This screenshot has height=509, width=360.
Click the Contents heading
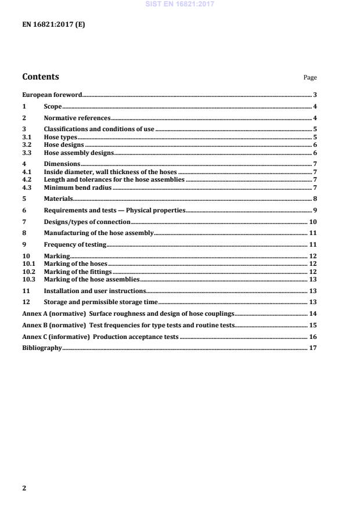[40, 77]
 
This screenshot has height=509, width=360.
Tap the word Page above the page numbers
[310, 78]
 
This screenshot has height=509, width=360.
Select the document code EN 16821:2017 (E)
[53, 24]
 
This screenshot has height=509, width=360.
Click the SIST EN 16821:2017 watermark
[179, 3]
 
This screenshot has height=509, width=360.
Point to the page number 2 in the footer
[24, 488]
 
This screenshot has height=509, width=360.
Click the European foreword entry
[52, 95]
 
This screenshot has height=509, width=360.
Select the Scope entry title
[53, 107]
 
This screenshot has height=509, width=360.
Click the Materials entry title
[58, 199]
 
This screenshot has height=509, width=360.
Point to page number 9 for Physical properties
[314, 210]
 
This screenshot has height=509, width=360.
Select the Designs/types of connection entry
[87, 222]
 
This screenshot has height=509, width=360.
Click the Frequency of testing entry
[75, 244]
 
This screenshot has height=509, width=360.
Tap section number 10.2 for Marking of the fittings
[28, 272]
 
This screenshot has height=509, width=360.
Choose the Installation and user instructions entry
[95, 290]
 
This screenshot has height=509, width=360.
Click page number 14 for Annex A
[312, 313]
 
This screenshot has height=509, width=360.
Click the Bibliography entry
[41, 348]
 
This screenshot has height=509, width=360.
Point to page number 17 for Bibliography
[312, 348]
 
